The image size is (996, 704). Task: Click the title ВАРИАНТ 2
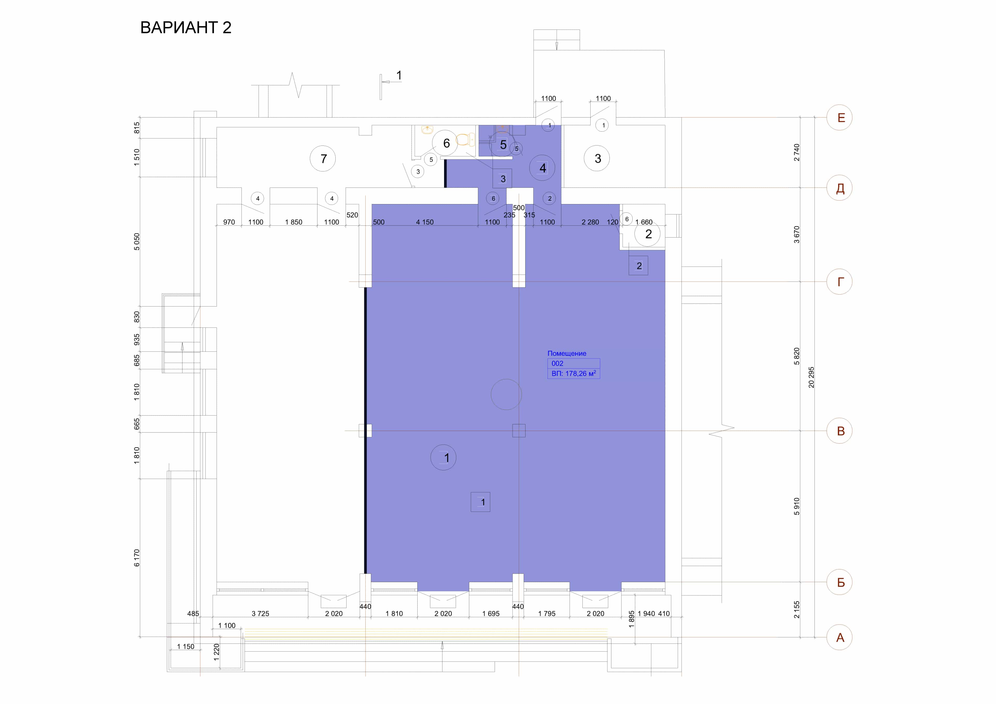coord(186,27)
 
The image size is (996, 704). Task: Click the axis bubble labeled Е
coord(839,117)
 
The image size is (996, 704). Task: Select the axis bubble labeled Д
coord(839,188)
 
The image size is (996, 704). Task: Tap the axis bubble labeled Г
coord(839,282)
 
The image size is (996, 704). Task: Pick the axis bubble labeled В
coord(839,431)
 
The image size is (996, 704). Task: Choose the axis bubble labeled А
coord(839,637)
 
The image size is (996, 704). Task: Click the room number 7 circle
coord(323,159)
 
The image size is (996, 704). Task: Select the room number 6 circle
coord(445,143)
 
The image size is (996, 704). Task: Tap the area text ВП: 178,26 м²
coord(573,373)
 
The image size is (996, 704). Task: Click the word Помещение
coord(566,353)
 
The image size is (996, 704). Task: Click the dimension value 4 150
coord(425,222)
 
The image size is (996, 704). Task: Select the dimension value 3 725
coord(260,614)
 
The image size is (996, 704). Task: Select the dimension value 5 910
coord(797,506)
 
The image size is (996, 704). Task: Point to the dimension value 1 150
coord(186,646)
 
